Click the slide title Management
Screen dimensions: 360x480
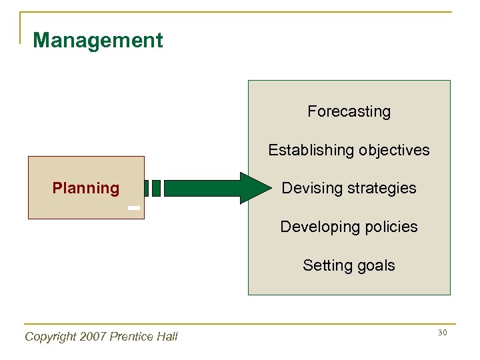(97, 41)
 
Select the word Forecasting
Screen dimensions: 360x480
(349, 111)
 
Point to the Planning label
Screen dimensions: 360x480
(85, 188)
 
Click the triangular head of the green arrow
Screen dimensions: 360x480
(253, 188)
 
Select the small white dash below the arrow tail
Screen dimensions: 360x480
(134, 209)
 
